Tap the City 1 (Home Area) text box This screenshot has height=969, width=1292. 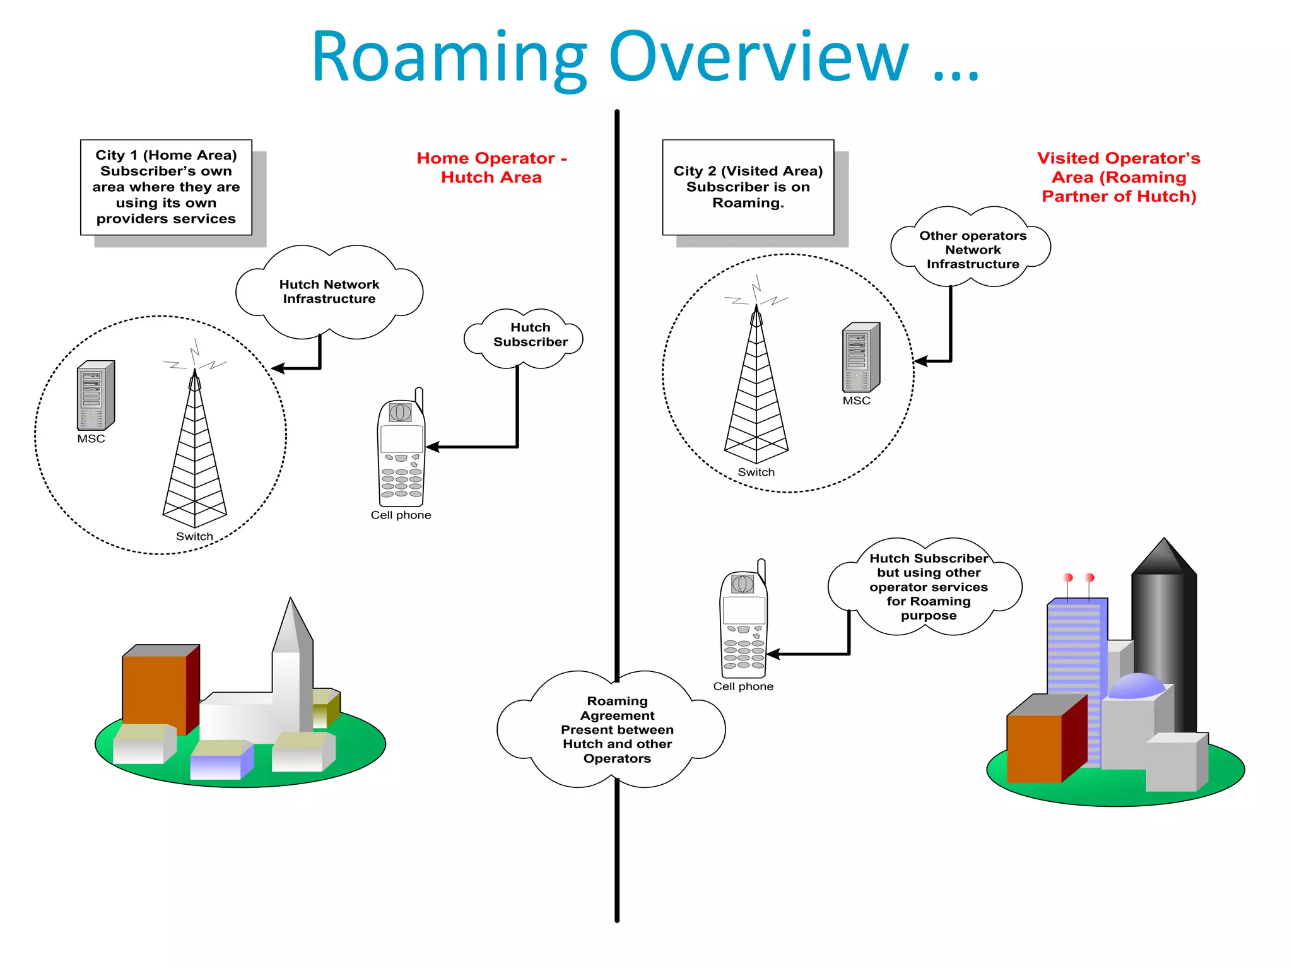point(166,187)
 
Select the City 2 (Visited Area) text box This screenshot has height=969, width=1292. point(748,187)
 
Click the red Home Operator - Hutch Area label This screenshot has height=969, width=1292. point(491,167)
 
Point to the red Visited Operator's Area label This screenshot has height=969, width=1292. point(1119,177)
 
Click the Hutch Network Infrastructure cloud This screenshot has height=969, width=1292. point(329,291)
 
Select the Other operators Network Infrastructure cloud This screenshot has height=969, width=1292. point(972,249)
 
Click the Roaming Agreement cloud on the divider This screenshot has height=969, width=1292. point(616,729)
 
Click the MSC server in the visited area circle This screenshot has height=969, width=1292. point(860,357)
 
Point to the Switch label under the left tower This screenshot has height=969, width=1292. point(194,536)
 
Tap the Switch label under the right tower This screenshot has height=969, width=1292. point(756,472)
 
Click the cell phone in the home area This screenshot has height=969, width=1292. point(401,452)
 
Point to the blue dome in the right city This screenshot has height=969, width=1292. point(1136,686)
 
